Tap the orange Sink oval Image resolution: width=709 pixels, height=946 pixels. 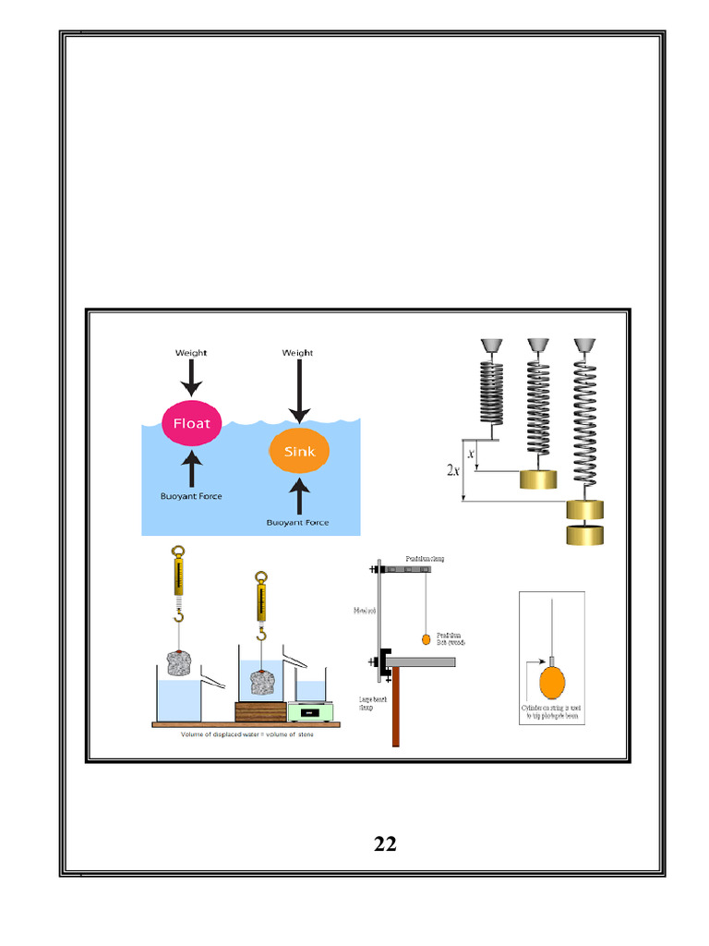coord(298,452)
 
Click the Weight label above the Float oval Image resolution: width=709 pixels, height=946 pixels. coord(191,353)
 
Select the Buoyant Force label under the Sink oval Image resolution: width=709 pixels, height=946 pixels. coord(298,522)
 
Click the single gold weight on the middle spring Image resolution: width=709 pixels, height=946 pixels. coord(538,479)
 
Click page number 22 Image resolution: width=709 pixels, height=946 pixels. coord(385,843)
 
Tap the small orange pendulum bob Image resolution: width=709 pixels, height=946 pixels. coord(426,638)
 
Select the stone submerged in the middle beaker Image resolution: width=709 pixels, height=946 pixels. coord(261,685)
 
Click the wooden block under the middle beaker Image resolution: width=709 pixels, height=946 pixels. coord(260,712)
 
